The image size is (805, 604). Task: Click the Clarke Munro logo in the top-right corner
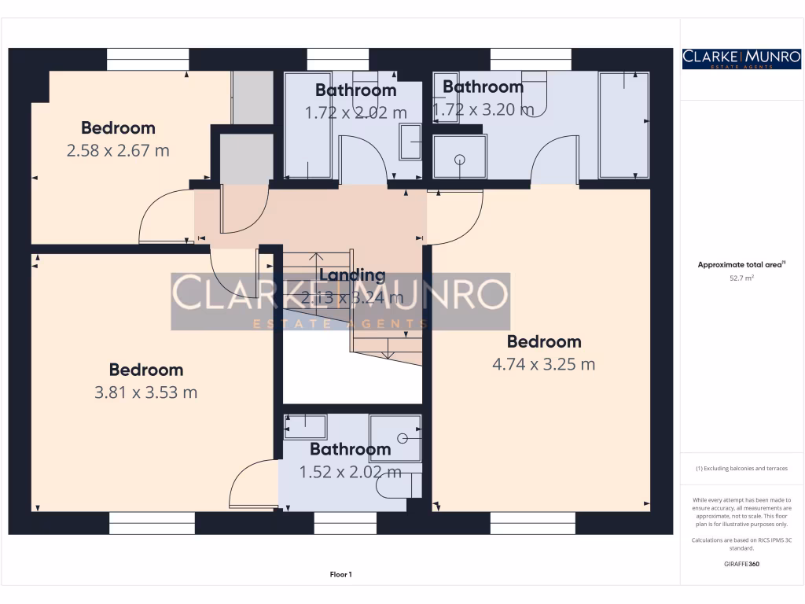coord(741,58)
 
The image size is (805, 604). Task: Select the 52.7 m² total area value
coord(741,278)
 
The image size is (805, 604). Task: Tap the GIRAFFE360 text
coord(741,564)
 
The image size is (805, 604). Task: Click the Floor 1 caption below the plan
coord(340,575)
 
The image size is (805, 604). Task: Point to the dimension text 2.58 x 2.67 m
coord(118,149)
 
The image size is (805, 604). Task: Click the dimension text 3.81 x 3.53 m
coord(145,392)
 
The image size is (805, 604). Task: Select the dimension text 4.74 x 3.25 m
coord(544,364)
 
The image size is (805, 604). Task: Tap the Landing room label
coord(352,275)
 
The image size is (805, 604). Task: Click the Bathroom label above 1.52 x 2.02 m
coord(350,449)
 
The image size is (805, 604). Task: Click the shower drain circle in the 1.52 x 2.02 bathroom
coord(402,437)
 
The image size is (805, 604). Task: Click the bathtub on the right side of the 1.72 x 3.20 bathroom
coord(624,126)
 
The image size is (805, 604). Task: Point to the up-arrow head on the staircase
coord(315,256)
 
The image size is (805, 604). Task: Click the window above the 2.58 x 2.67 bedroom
coord(148,60)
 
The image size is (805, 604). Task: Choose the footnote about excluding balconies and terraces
coord(741,469)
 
